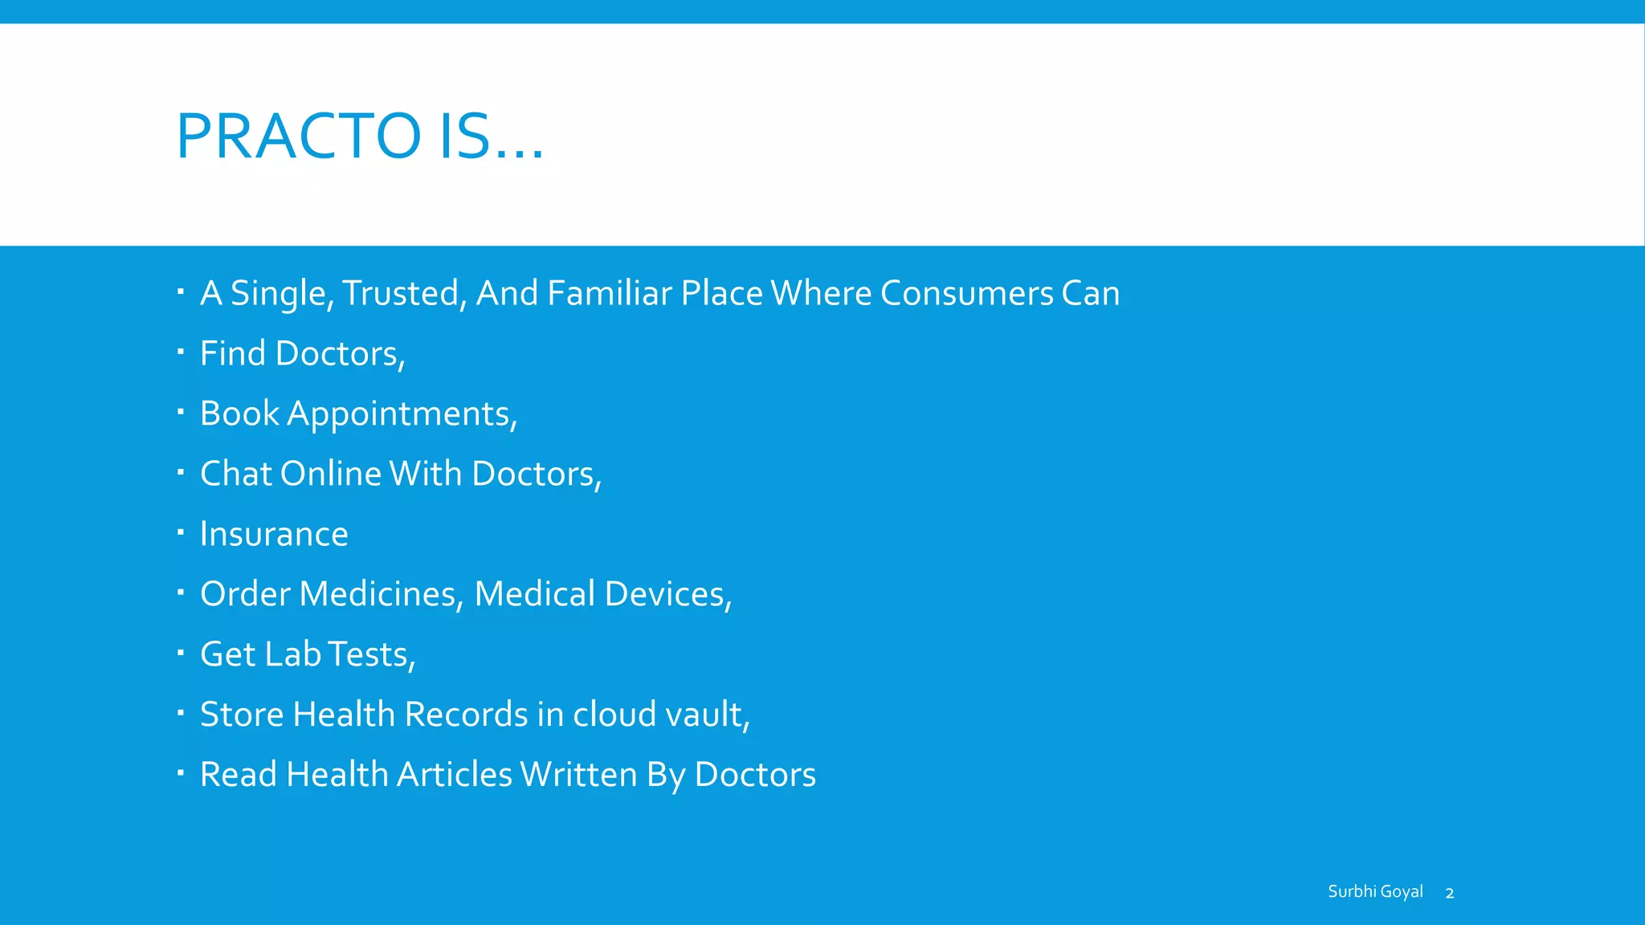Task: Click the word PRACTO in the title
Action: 298,136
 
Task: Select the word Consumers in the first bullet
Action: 966,293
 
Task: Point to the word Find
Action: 232,353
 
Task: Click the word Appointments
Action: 402,414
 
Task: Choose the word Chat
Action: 235,474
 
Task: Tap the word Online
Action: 331,474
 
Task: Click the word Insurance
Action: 274,534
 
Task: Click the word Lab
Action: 292,654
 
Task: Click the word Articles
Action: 455,775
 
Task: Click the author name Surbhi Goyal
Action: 1375,891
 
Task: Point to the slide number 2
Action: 1450,893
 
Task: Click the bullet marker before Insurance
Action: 181,531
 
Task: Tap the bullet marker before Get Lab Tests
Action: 181,651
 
